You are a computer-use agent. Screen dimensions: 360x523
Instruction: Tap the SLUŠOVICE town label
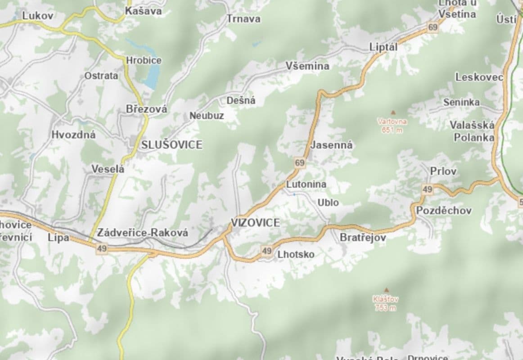click(x=171, y=145)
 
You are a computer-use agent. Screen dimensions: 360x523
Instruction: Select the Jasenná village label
click(x=331, y=145)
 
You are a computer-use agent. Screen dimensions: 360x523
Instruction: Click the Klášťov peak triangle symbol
click(x=386, y=290)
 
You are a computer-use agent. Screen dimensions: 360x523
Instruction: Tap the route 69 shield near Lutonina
click(x=300, y=163)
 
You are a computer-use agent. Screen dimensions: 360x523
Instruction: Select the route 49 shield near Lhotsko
click(x=266, y=250)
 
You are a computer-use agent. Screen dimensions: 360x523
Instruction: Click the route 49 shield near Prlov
click(x=427, y=189)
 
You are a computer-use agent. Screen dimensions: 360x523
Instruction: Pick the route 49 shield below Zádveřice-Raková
click(x=102, y=248)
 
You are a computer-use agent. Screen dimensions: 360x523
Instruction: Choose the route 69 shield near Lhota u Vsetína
click(x=433, y=27)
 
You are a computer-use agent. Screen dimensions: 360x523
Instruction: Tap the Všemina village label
click(x=307, y=66)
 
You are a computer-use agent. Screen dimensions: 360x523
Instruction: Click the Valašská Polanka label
click(x=473, y=131)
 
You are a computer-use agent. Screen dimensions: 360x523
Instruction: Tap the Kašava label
click(x=143, y=11)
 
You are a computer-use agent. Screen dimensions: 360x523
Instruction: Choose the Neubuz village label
click(x=207, y=116)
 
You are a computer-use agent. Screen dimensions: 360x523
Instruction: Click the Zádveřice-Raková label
click(x=143, y=233)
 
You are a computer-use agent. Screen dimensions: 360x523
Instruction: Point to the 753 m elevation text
click(x=385, y=308)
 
